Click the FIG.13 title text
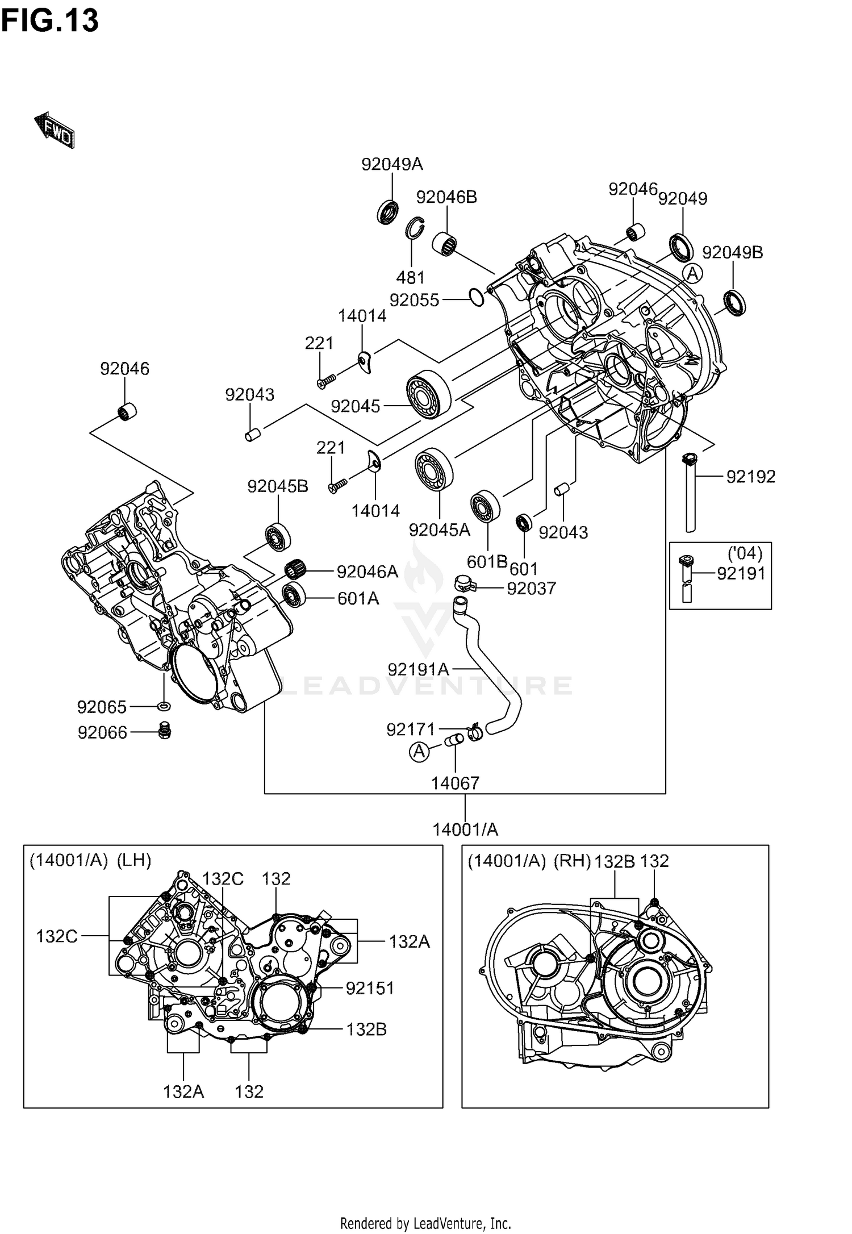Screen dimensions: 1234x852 click(50, 21)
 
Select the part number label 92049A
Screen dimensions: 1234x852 click(392, 164)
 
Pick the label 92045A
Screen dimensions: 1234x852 click(439, 530)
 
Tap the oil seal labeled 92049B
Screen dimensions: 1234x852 click(735, 302)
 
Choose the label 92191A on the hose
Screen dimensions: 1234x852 click(419, 669)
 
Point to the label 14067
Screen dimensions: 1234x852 click(455, 783)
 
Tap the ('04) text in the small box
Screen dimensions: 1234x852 click(745, 553)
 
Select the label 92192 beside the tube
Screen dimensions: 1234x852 click(750, 476)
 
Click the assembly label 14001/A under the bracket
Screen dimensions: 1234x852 click(465, 830)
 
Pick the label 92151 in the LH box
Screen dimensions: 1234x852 click(370, 988)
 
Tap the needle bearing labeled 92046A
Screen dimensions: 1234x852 click(295, 567)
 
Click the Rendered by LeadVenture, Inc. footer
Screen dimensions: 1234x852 click(425, 1223)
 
